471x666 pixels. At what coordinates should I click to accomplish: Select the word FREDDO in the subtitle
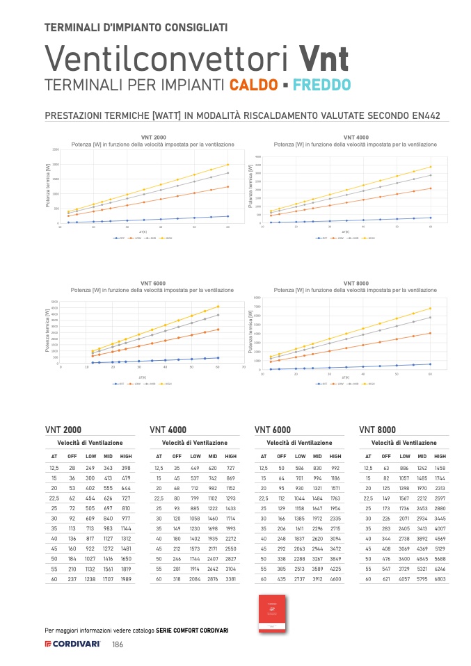click(321, 86)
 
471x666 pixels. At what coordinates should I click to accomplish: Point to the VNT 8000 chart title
click(356, 284)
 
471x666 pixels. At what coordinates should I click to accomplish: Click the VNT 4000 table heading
click(168, 430)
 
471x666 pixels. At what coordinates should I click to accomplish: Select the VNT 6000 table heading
click(273, 430)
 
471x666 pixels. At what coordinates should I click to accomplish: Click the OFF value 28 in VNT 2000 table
click(72, 468)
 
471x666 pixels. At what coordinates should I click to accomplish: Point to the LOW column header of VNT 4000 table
click(195, 456)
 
